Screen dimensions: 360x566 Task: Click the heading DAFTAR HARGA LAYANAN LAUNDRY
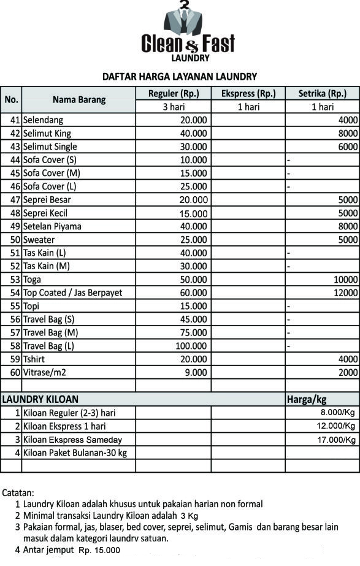pos(179,77)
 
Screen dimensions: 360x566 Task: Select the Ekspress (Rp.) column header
pos(248,94)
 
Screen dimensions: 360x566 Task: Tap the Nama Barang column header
pos(79,100)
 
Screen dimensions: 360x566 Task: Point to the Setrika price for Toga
pos(345,280)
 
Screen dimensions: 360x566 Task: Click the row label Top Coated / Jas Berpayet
pos(72,293)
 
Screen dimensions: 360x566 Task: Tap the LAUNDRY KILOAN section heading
pos(40,399)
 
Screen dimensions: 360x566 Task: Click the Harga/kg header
pos(307,399)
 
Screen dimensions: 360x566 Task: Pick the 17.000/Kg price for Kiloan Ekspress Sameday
pos(336,440)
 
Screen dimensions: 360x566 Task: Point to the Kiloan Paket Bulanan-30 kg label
pos(75,453)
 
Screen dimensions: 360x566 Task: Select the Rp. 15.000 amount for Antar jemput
pos(99,551)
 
